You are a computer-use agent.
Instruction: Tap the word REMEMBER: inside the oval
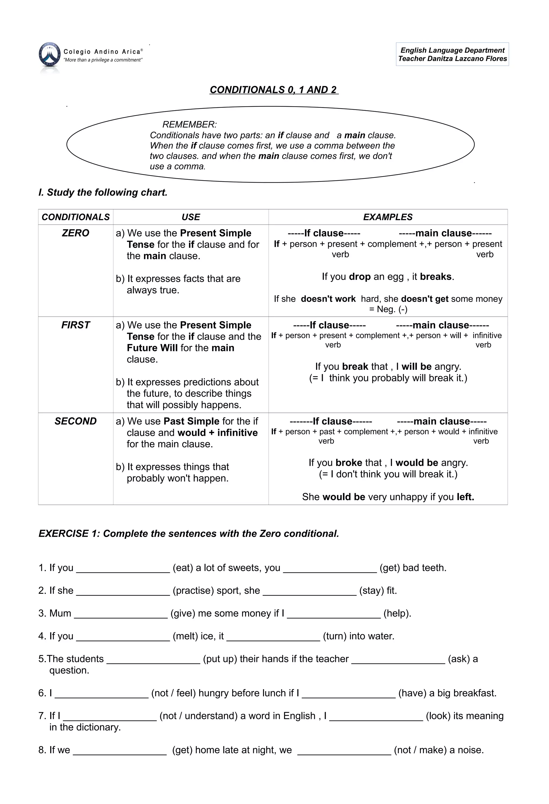tap(190, 124)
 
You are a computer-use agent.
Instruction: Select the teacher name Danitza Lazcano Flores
tap(467, 59)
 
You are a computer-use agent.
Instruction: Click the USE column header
tap(191, 217)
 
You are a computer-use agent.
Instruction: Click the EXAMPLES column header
tap(388, 217)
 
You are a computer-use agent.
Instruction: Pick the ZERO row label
tap(75, 233)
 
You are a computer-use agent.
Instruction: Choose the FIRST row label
tap(75, 325)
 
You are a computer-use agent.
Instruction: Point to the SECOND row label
tap(75, 421)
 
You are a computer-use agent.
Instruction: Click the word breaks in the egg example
tap(436, 277)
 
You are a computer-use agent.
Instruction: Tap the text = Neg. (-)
tap(388, 309)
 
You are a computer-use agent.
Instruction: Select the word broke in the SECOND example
tap(348, 463)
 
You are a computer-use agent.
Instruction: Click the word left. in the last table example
tap(465, 497)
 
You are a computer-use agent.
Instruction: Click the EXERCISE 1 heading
tap(188, 534)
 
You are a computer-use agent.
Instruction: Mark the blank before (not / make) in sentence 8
tap(344, 751)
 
